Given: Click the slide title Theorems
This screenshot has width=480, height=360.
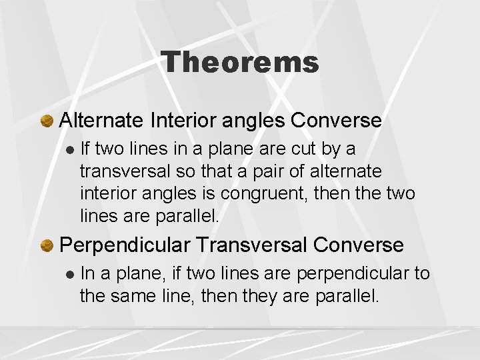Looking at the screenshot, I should coord(240,63).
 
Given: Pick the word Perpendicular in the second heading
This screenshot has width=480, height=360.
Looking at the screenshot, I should coord(128,245).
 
